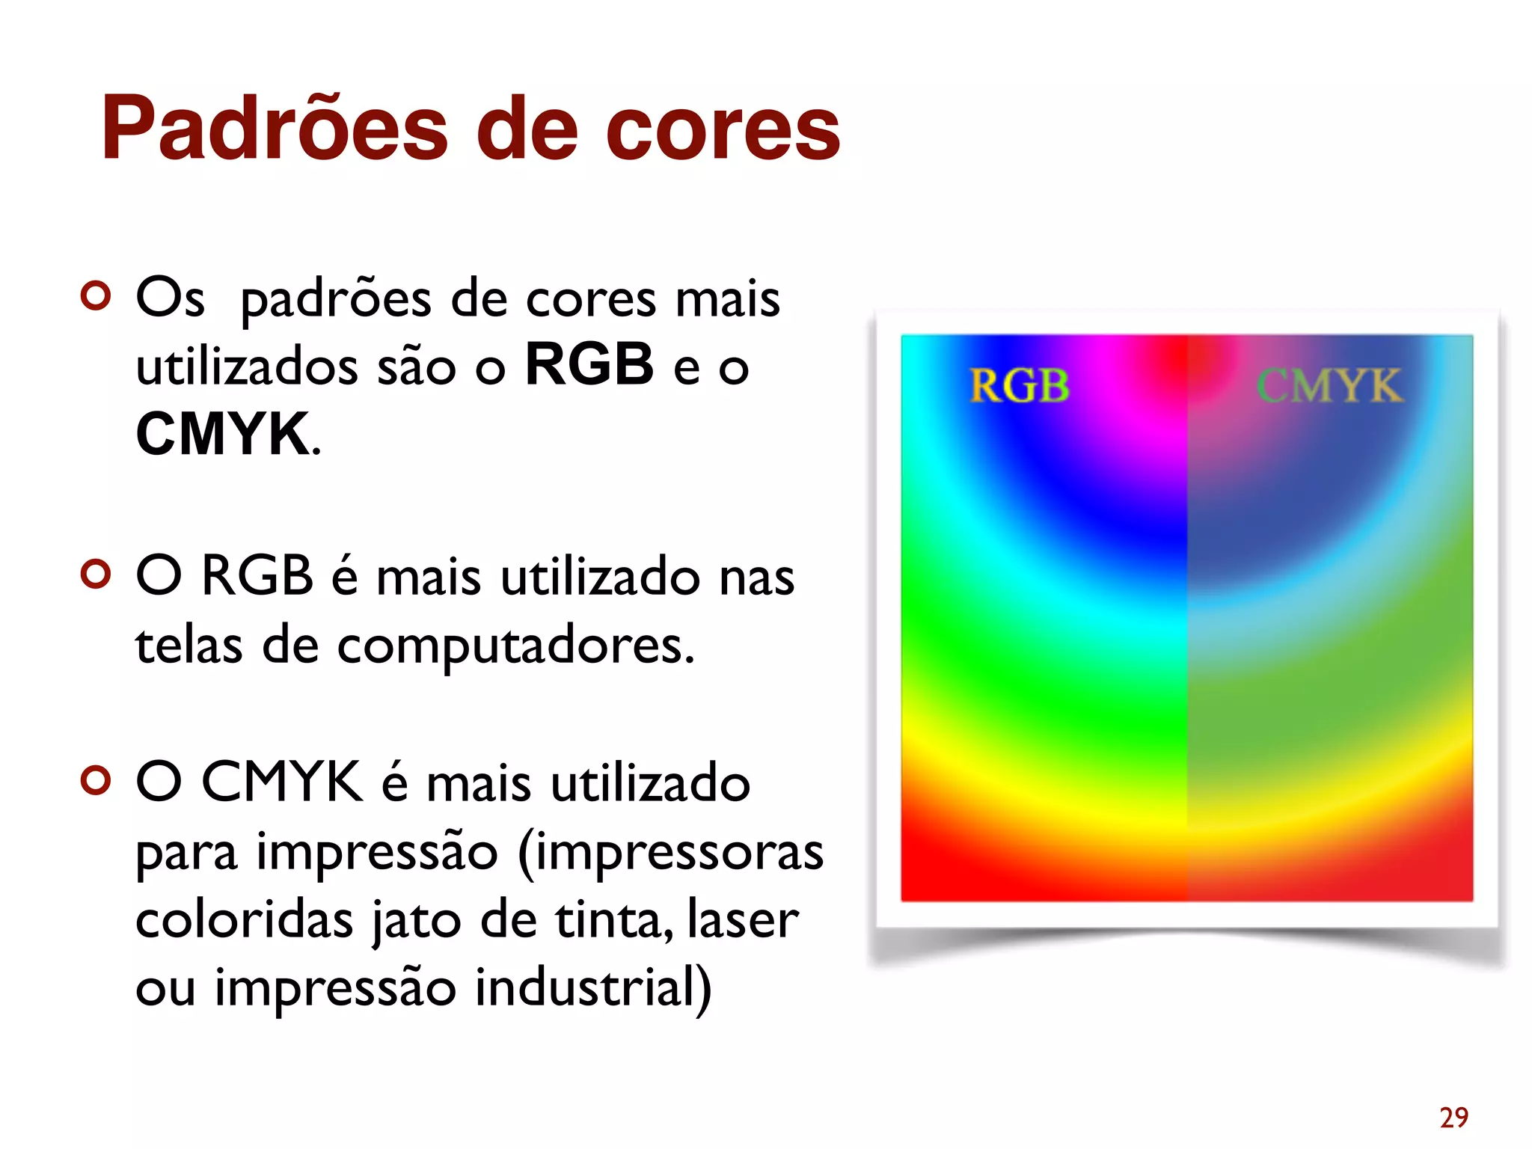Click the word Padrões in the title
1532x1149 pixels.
click(274, 129)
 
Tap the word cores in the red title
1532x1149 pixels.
click(722, 131)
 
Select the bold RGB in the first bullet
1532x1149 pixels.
click(589, 364)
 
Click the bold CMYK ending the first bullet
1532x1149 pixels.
click(222, 434)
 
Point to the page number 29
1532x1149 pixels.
click(1453, 1118)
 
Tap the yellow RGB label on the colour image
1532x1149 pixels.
click(1019, 386)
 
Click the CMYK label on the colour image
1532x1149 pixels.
click(1329, 386)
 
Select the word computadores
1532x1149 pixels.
click(515, 646)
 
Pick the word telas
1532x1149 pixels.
click(189, 645)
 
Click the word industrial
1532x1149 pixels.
click(592, 987)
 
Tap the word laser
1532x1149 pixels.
click(743, 919)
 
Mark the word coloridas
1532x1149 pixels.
click(244, 919)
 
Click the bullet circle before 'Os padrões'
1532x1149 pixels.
click(96, 295)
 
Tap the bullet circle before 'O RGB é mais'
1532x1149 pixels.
click(96, 574)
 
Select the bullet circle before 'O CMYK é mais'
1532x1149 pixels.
click(96, 780)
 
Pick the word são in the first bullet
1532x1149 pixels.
click(417, 367)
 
